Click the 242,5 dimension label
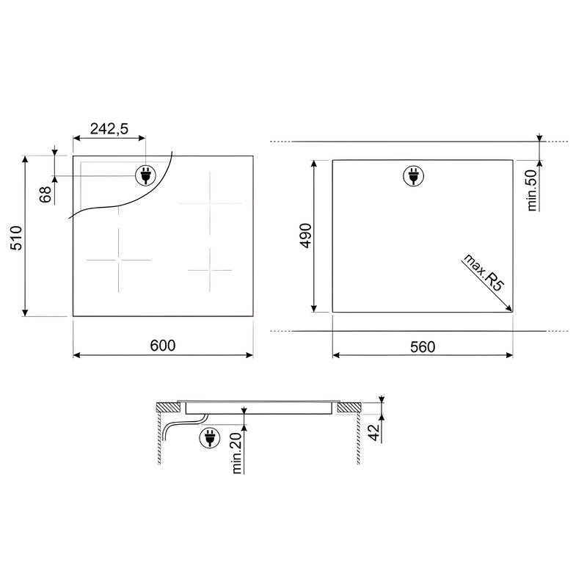click(109, 129)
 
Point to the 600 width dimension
click(162, 346)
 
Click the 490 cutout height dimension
click(306, 236)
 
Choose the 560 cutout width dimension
click(423, 346)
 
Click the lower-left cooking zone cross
click(118, 260)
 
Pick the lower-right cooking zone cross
click(210, 270)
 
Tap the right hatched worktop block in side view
click(350, 406)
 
